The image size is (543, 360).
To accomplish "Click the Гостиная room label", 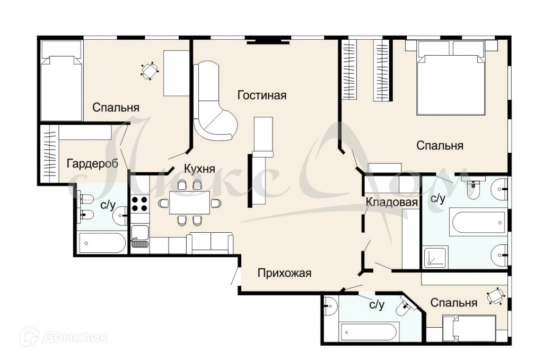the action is (262, 95).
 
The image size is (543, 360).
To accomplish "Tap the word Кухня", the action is (199, 169).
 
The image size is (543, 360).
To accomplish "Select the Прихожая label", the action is (284, 273).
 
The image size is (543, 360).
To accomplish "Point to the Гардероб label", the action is (92, 163).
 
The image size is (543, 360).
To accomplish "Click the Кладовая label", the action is (392, 202).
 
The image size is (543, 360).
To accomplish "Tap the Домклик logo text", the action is (75, 337).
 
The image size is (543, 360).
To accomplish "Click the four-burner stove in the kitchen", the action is (140, 204).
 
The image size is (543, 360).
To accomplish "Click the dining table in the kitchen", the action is (190, 202).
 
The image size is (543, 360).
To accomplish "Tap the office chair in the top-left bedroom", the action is (150, 71).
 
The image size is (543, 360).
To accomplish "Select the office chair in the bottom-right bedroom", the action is (495, 296).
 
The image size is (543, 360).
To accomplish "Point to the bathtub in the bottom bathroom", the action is (368, 332).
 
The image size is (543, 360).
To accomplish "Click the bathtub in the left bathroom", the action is (102, 243).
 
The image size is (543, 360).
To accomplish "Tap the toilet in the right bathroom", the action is (472, 188).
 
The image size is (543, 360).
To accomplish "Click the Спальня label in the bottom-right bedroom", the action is (454, 303).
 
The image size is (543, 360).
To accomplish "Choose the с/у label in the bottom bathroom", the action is (377, 305).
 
